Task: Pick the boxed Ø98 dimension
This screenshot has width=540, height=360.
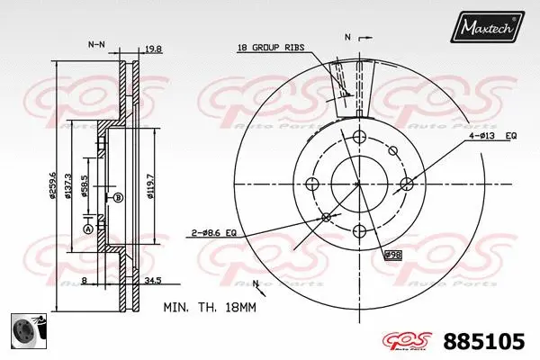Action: click(x=392, y=256)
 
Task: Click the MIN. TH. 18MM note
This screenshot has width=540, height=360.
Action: click(x=211, y=308)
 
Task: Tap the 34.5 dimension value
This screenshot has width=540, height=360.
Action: click(x=153, y=282)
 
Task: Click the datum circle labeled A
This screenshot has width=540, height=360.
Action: click(x=88, y=229)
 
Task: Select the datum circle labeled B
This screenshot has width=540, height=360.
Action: click(x=118, y=197)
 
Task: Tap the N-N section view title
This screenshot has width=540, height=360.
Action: click(x=96, y=43)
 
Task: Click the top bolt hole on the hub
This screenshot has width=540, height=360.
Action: click(x=358, y=137)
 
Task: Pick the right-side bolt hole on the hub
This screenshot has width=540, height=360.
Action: click(x=405, y=184)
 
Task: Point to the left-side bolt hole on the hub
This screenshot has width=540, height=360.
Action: click(x=312, y=184)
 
